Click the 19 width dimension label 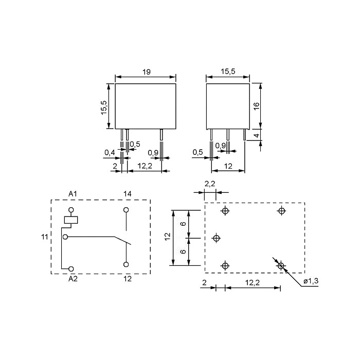(146, 72)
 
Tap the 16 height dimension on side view (257, 105)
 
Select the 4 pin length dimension (257, 135)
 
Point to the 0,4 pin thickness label (110, 152)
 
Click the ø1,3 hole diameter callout (311, 281)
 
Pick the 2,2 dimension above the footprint (210, 184)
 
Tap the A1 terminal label (73, 194)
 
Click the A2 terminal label (73, 279)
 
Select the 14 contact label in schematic (128, 194)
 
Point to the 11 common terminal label (45, 237)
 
